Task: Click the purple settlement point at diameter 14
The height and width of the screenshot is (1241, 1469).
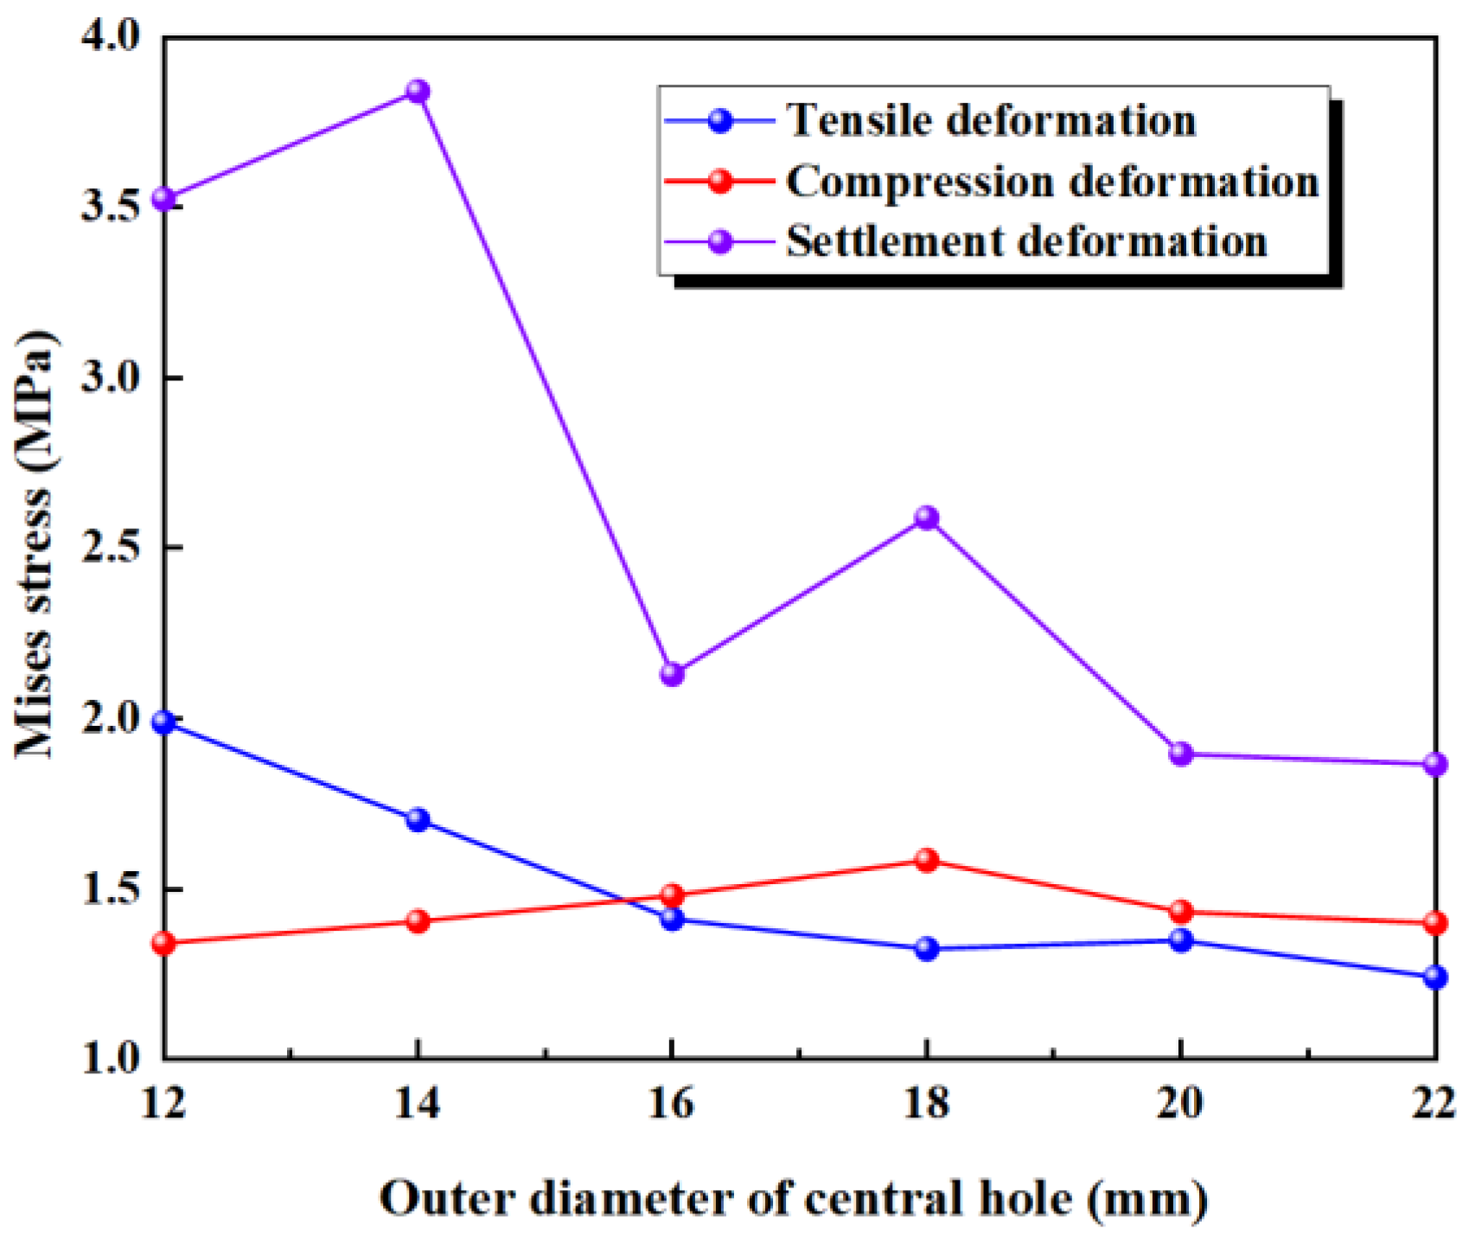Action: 418,91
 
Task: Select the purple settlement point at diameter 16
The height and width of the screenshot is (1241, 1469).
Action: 672,674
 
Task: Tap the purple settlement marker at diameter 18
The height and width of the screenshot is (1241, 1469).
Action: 926,518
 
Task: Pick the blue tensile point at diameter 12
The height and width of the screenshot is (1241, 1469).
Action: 164,722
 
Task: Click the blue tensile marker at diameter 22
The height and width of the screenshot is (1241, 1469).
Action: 1434,977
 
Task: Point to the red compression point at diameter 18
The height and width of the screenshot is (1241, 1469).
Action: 926,860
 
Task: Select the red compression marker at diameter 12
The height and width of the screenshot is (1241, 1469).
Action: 164,943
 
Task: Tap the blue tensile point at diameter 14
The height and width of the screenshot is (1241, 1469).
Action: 418,819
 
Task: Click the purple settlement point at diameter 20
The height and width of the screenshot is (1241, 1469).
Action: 1180,754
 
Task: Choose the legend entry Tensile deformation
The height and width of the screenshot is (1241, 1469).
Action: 991,120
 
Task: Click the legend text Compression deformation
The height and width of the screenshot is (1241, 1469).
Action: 1051,181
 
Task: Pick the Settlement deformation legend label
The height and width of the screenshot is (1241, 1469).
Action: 1025,241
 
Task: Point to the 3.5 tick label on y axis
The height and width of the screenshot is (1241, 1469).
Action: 109,207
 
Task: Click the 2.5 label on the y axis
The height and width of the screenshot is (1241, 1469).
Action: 109,548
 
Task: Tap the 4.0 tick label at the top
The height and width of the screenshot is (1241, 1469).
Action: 109,36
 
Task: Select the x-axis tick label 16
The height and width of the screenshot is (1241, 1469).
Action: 672,1104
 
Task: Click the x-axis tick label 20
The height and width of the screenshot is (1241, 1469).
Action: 1180,1104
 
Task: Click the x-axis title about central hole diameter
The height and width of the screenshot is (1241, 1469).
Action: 793,1198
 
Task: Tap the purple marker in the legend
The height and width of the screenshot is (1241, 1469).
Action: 719,241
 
